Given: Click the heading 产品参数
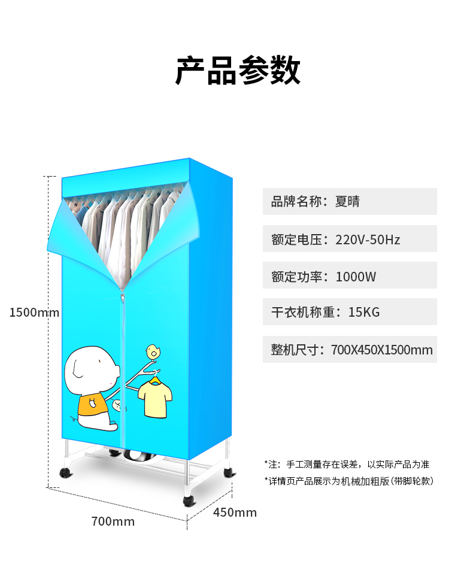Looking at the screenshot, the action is point(238,71).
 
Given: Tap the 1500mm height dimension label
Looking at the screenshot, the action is point(34,312).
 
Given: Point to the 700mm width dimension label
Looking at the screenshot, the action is point(113,521).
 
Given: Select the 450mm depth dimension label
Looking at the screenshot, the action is point(235,513).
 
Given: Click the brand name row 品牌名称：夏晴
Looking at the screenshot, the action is point(316,202).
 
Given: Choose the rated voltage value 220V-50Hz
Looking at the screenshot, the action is point(368,239).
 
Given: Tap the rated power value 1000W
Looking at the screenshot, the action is point(356,277).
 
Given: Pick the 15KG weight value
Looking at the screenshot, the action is point(364,312).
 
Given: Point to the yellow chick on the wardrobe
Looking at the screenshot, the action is point(153,351).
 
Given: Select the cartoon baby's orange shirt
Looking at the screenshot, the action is point(93,405).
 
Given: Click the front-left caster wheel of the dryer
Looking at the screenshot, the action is point(64,473).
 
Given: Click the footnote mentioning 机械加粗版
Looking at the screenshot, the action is point(348,481).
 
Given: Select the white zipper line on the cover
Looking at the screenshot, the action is point(123,359).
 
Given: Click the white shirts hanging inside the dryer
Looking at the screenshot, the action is point(126,228).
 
